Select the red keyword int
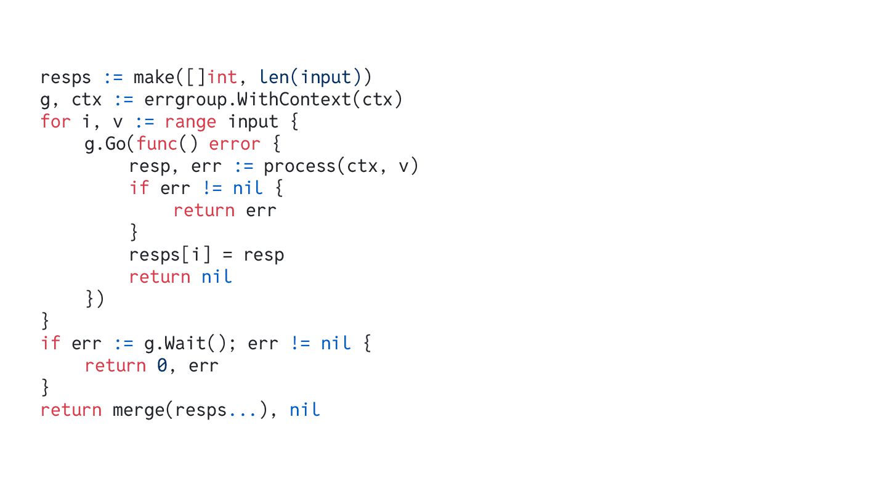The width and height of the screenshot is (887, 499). pyautogui.click(x=222, y=78)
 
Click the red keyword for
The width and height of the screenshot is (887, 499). pyautogui.click(x=56, y=122)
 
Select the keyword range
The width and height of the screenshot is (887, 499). pyautogui.click(x=190, y=122)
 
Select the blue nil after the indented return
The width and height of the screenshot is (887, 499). pyautogui.click(x=217, y=277)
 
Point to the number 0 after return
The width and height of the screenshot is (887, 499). pyautogui.click(x=161, y=366)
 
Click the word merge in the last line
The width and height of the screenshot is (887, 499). pyautogui.click(x=139, y=410)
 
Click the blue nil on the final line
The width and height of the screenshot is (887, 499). pyautogui.click(x=305, y=410)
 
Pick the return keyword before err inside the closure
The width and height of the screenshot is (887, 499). pyautogui.click(x=204, y=211)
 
